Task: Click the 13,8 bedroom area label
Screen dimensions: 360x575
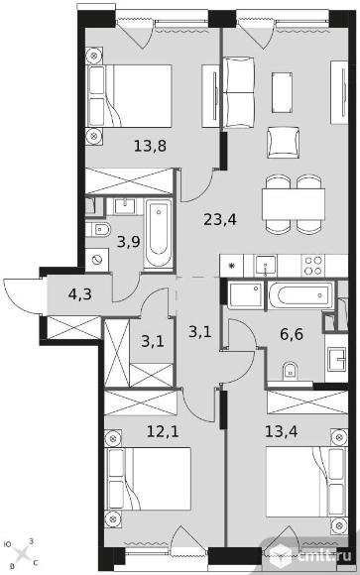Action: [x=150, y=146]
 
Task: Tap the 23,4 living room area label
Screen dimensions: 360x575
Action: [x=220, y=220]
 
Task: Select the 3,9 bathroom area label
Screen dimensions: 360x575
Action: [x=129, y=242]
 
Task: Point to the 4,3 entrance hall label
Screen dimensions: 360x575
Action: [x=80, y=294]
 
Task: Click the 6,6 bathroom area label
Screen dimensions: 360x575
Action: [x=291, y=334]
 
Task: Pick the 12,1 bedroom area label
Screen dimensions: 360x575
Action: [x=163, y=431]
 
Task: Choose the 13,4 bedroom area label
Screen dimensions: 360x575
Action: [x=282, y=431]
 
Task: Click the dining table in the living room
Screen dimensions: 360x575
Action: [x=294, y=204]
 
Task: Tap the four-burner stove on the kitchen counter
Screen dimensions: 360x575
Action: [x=313, y=266]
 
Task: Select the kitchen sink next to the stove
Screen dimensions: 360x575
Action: [x=266, y=266]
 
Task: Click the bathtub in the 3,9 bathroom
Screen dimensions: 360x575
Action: [x=159, y=234]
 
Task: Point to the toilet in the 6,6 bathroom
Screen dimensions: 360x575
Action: [x=290, y=371]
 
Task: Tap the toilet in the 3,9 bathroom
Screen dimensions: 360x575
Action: [x=98, y=230]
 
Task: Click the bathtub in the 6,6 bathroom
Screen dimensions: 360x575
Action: [x=300, y=294]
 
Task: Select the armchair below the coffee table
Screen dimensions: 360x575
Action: [x=283, y=143]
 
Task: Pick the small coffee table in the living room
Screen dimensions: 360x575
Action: [x=283, y=92]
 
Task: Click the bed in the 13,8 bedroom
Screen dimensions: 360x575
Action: [x=130, y=96]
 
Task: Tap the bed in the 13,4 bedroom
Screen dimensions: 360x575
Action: [x=306, y=481]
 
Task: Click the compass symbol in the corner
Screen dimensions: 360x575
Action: [x=23, y=552]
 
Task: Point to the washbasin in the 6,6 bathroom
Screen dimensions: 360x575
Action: [x=336, y=359]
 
